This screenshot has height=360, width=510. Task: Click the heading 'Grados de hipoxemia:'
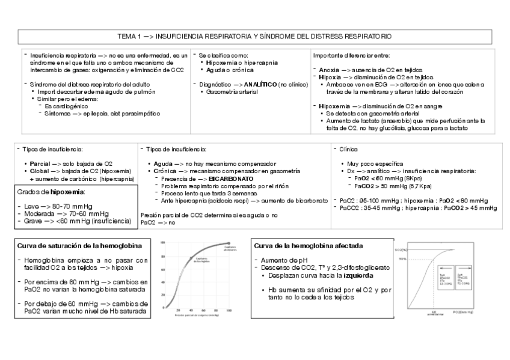(51, 192)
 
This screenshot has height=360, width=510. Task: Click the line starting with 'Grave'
(75, 221)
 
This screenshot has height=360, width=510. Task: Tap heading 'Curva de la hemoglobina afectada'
(309, 246)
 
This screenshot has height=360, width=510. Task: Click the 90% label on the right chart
(402, 259)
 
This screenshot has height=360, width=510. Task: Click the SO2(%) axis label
(402, 249)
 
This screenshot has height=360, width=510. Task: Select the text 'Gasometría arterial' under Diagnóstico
(232, 93)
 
